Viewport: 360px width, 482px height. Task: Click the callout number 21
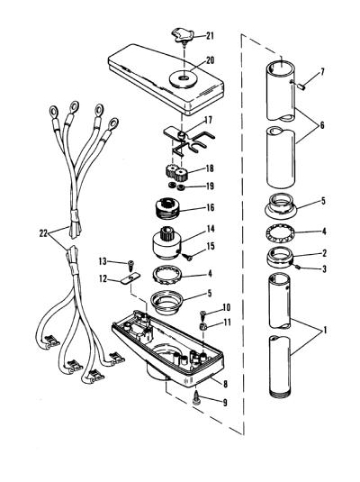tap(210, 36)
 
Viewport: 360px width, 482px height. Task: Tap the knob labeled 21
tap(183, 35)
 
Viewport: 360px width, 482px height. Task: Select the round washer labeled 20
tap(184, 79)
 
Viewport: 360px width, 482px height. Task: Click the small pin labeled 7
tap(301, 87)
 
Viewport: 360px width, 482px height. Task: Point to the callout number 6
tap(322, 125)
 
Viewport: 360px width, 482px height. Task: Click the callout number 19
tap(210, 186)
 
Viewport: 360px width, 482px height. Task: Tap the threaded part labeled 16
tap(167, 208)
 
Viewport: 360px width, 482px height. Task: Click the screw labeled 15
tap(187, 257)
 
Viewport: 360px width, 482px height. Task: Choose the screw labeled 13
tap(130, 265)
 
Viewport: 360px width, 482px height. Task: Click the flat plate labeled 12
tap(130, 278)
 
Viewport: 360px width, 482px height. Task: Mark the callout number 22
tap(43, 233)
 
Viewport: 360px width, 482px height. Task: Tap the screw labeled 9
tap(197, 400)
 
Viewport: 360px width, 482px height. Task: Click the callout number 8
tap(226, 384)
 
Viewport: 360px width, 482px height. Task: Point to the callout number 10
tap(227, 307)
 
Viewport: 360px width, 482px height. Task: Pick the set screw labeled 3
tap(298, 268)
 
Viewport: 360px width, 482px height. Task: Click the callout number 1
tap(325, 331)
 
